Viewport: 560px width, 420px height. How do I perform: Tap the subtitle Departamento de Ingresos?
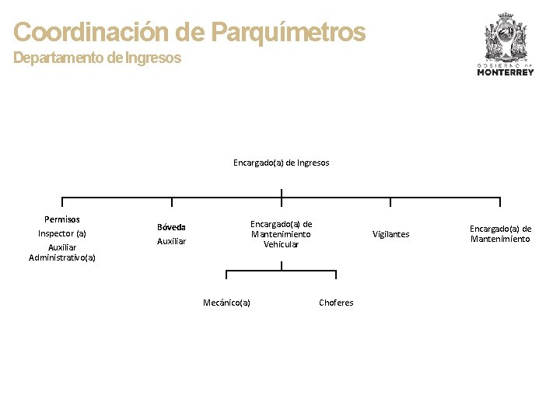pyautogui.click(x=97, y=58)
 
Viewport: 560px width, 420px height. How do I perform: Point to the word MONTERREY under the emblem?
pyautogui.click(x=505, y=72)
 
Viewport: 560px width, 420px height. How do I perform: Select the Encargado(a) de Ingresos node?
pyautogui.click(x=281, y=163)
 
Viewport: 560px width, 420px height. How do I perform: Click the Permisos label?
pyautogui.click(x=62, y=219)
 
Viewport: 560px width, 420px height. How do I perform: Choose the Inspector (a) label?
pyautogui.click(x=62, y=233)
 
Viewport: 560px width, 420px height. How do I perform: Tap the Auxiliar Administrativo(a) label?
pyautogui.click(x=62, y=252)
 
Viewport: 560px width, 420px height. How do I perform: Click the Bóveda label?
pyautogui.click(x=171, y=227)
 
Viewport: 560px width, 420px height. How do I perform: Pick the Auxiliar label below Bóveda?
pyautogui.click(x=171, y=242)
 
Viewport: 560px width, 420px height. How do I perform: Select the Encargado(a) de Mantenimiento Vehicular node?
pyautogui.click(x=281, y=234)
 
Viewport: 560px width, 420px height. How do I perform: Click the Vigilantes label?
pyautogui.click(x=390, y=234)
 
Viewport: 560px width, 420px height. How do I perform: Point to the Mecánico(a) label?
pyautogui.click(x=226, y=303)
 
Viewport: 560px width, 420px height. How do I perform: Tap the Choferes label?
pyautogui.click(x=336, y=303)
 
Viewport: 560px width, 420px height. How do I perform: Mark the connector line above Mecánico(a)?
pyautogui.click(x=226, y=274)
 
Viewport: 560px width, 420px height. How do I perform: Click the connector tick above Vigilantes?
pyautogui.click(x=390, y=203)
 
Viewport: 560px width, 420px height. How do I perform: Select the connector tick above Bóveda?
pyautogui.click(x=172, y=203)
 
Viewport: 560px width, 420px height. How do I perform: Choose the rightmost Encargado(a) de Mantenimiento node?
pyautogui.click(x=500, y=234)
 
